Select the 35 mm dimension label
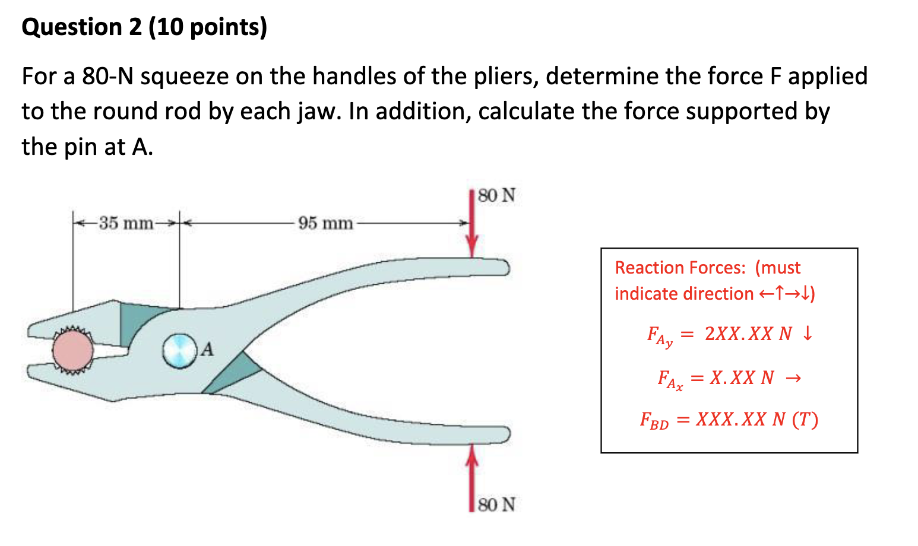point(126,224)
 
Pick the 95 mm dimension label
point(325,224)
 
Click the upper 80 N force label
point(496,196)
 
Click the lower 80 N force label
point(496,505)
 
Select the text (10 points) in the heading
point(207,27)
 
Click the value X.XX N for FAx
point(742,377)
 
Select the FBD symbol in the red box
point(654,421)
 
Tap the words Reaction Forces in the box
point(680,268)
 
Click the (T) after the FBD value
point(805,420)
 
